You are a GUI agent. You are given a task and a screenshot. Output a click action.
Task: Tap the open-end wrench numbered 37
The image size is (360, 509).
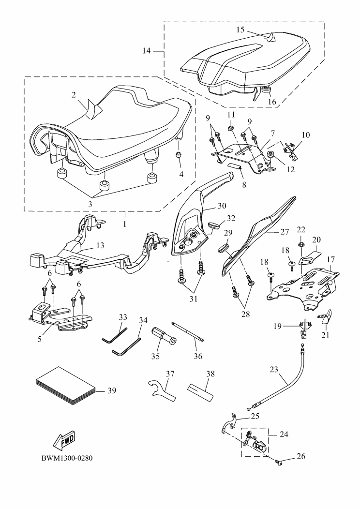(x=162, y=390)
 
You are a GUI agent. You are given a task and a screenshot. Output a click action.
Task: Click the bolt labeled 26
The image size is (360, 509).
(x=279, y=463)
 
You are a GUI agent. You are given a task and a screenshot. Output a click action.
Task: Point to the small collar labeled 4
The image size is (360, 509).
(x=178, y=155)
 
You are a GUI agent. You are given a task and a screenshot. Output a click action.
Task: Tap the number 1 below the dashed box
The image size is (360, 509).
(x=125, y=225)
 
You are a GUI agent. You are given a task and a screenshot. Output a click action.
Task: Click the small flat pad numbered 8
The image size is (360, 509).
(x=234, y=166)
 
